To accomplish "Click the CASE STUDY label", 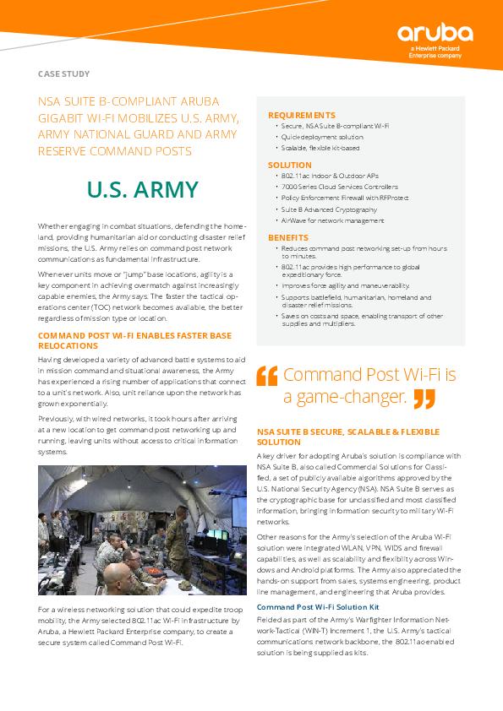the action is [64, 74].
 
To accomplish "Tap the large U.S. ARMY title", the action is [143, 189].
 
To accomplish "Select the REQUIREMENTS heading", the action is [301, 115].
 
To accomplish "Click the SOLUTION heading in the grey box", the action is [289, 166].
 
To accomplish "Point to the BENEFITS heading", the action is [287, 238].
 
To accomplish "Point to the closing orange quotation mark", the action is [424, 399].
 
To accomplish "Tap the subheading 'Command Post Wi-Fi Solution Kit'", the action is [318, 607].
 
